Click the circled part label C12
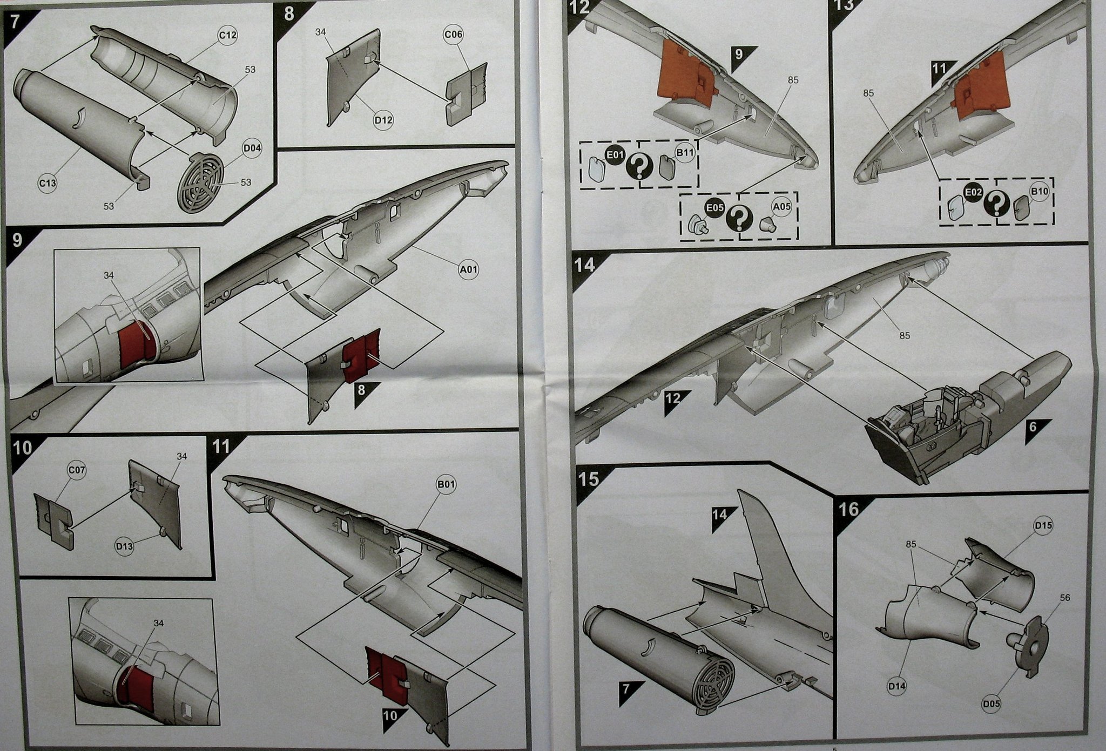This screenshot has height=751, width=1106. [x=227, y=36]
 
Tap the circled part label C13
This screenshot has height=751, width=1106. [x=48, y=183]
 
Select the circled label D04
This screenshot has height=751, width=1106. [x=252, y=148]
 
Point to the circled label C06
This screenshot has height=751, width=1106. [x=453, y=34]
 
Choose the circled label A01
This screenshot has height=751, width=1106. [x=468, y=269]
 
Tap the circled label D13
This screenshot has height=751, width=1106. [x=124, y=546]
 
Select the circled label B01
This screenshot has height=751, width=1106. [x=446, y=485]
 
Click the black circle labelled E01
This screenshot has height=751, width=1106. [x=615, y=155]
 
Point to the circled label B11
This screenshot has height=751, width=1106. [x=685, y=153]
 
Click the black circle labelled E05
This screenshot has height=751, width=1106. [x=715, y=208]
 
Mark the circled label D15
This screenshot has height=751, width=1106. [x=1043, y=525]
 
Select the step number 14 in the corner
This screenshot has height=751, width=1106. [x=585, y=265]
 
